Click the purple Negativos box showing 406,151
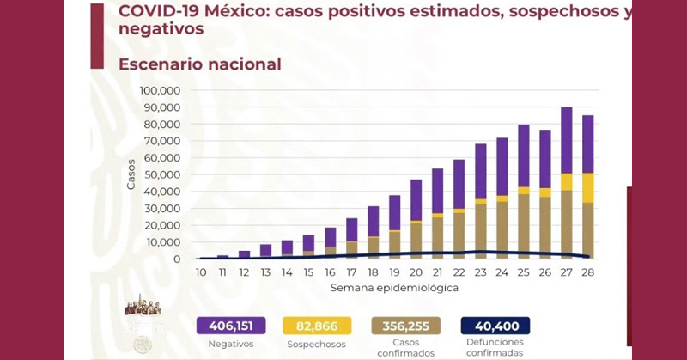point(231,326)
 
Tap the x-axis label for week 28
point(588,272)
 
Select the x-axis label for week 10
point(201,272)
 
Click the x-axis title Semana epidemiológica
point(394,288)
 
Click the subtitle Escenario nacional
point(200,64)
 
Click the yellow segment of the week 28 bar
point(588,187)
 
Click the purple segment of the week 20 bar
point(416,200)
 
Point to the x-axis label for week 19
point(394,272)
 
